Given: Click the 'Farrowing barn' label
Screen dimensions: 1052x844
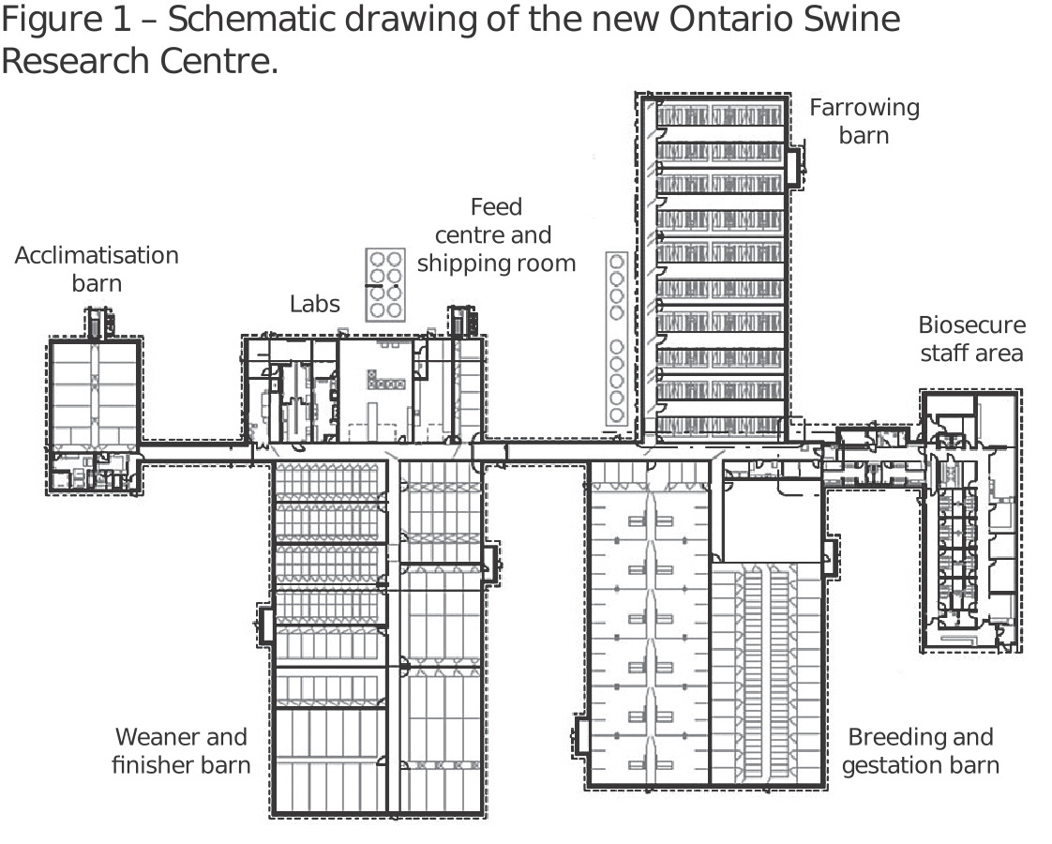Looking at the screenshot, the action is point(864,121).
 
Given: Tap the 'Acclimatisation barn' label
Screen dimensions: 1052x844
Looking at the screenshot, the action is point(97,269).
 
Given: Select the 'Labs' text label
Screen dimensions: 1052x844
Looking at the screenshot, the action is point(315,304).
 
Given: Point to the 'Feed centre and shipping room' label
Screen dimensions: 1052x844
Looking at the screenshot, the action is point(496,234).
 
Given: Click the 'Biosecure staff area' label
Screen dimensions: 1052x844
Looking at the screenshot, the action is point(972,339).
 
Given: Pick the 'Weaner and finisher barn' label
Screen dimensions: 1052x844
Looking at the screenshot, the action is point(181,751).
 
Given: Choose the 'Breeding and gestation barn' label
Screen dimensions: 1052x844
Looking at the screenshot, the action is point(921,751).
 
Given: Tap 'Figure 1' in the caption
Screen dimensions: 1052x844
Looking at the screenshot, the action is point(66,20).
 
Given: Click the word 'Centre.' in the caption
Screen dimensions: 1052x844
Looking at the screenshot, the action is point(218,61).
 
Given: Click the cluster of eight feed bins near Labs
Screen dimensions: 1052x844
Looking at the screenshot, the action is point(385,284).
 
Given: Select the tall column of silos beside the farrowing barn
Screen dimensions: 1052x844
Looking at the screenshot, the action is point(617,339).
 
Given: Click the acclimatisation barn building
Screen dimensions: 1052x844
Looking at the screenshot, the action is point(94,417).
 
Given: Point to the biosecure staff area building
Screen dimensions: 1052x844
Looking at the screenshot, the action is point(970,520).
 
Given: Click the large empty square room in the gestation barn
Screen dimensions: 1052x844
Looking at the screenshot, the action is point(772,520).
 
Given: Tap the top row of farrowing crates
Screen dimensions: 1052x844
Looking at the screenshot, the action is point(719,115).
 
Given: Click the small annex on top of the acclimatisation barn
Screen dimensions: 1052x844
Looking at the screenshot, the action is point(98,324).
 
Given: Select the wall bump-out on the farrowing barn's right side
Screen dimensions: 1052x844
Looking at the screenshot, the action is point(796,168).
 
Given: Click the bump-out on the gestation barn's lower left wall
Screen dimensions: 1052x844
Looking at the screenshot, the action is point(580,737).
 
